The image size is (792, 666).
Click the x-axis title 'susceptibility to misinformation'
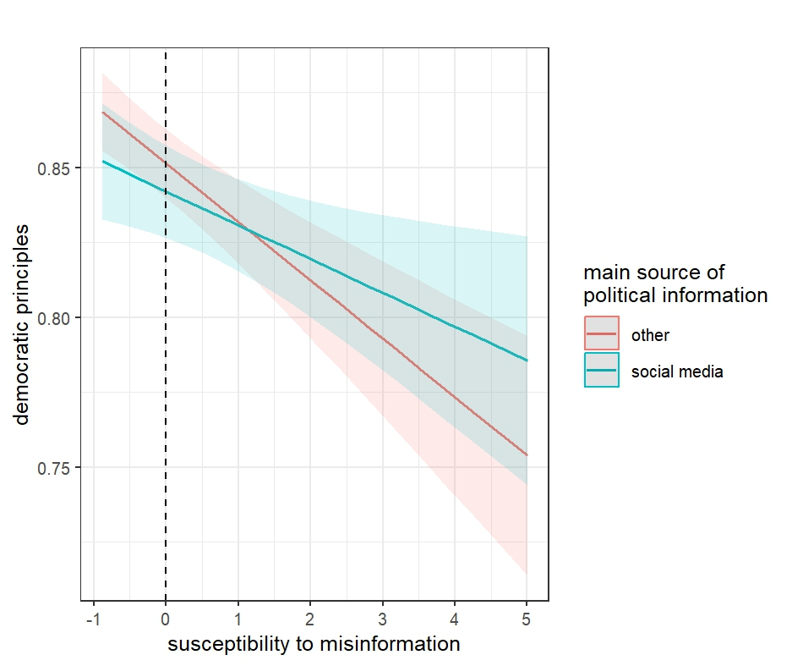pos(314,645)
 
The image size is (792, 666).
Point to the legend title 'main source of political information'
pos(675,284)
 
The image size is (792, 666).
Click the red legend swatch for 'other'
pos(602,334)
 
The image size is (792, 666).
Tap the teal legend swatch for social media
pos(602,371)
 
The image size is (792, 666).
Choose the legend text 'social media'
pos(676,372)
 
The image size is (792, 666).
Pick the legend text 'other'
pos(650,335)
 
